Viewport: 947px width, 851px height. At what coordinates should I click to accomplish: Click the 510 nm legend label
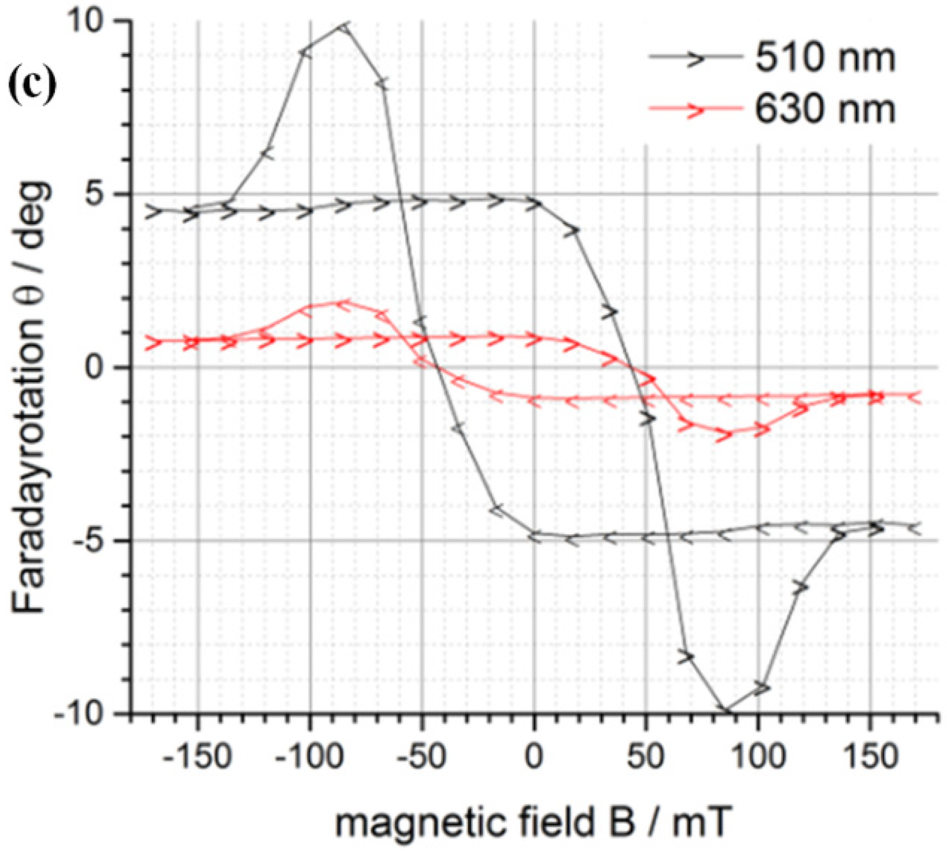tap(825, 58)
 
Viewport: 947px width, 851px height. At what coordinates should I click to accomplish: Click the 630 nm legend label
tap(825, 109)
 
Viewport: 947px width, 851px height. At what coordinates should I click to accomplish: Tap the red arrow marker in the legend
tap(694, 110)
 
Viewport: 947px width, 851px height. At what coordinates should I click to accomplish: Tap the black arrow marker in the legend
tap(694, 58)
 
